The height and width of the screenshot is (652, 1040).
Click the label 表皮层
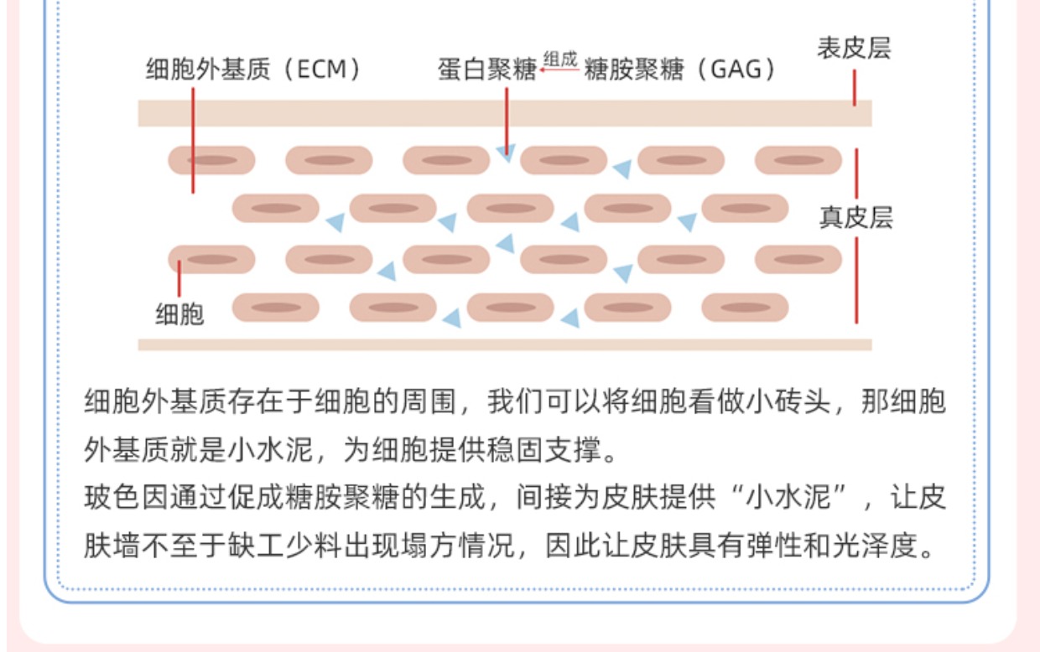point(854,49)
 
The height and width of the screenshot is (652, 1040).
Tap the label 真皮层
point(855,217)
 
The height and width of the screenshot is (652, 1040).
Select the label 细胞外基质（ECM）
point(253,70)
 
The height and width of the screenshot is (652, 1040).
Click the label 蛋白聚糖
point(487,70)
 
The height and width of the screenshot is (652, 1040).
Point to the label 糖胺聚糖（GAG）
point(679,70)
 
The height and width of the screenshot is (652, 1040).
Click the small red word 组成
point(560,60)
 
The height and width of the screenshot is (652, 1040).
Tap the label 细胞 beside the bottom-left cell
point(179,314)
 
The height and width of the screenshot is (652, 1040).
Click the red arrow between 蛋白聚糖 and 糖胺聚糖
point(559,70)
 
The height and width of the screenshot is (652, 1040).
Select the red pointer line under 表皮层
point(855,88)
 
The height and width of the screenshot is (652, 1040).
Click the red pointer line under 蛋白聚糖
point(507,121)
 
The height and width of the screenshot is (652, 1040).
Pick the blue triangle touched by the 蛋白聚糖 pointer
point(506,153)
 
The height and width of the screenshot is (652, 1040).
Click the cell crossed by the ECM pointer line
point(211,160)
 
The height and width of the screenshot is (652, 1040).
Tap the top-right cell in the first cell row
point(798,160)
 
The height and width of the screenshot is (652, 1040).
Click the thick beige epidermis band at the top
point(505,113)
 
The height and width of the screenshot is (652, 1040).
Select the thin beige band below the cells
point(505,344)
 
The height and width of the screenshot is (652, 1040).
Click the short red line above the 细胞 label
point(179,278)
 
